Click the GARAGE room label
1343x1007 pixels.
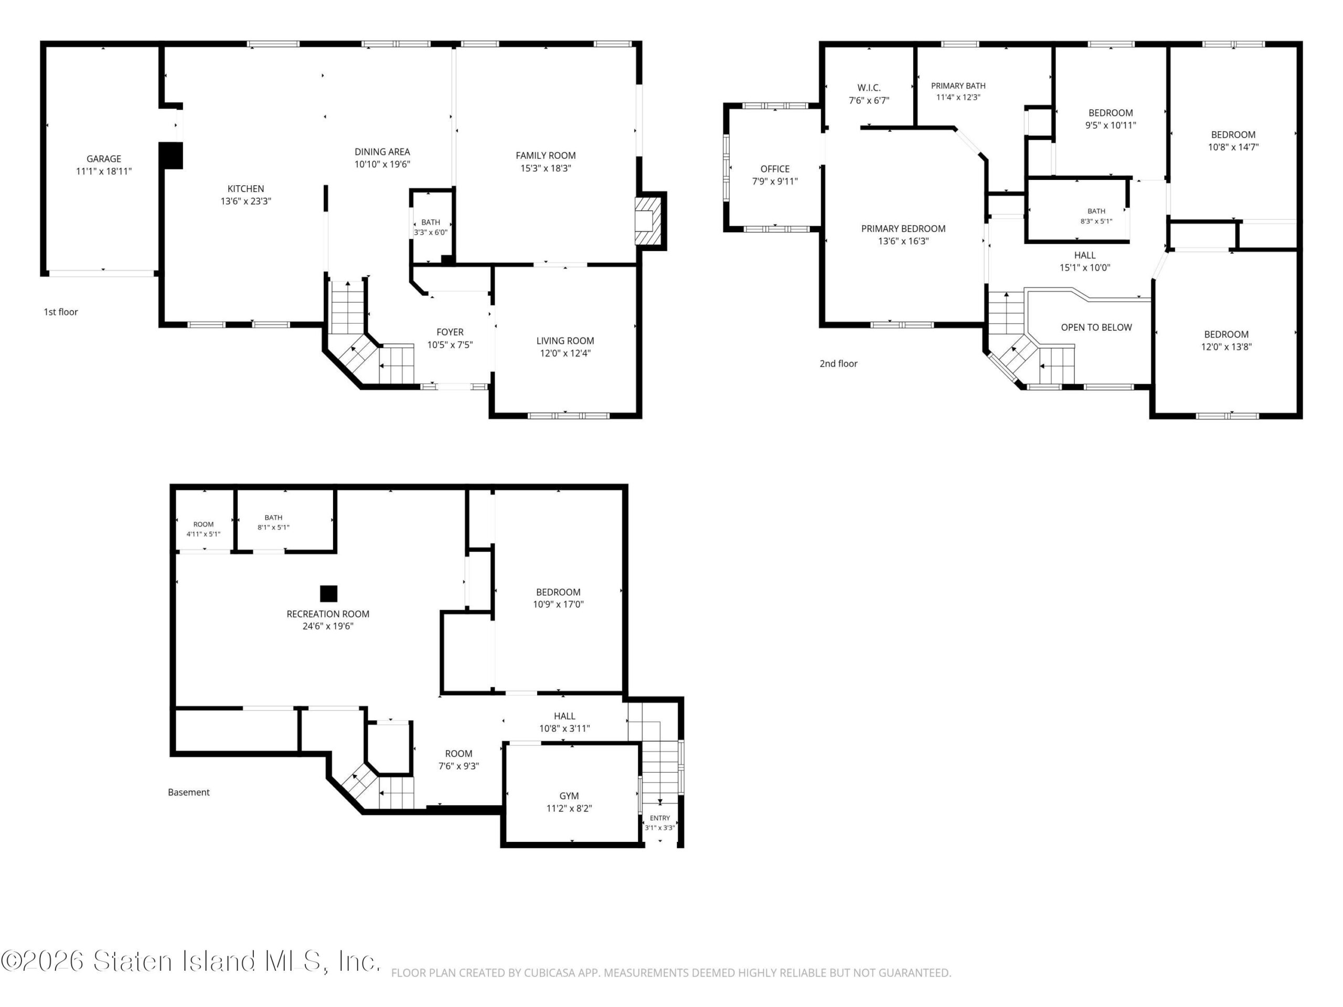coord(104,159)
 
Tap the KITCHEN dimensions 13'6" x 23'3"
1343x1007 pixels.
coord(246,201)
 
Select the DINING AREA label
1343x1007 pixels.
coord(382,152)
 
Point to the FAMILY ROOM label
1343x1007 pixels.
coord(546,155)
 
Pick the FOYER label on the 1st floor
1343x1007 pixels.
coord(450,332)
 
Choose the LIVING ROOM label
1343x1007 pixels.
coord(565,341)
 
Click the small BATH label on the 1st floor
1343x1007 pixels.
coord(431,222)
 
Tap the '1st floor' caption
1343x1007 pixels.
coord(61,312)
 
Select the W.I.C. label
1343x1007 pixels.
coord(869,88)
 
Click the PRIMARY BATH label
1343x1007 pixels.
coord(958,86)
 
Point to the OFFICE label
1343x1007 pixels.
coord(775,169)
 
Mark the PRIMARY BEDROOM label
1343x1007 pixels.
coord(903,229)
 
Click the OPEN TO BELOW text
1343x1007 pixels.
coord(1096,328)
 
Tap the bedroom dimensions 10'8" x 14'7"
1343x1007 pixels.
coord(1233,147)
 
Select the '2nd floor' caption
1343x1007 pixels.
coord(838,363)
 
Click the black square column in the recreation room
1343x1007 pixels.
coord(328,594)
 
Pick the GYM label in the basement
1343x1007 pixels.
coord(569,796)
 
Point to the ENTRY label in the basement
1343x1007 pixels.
coord(659,818)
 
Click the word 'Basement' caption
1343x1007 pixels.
coord(189,792)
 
